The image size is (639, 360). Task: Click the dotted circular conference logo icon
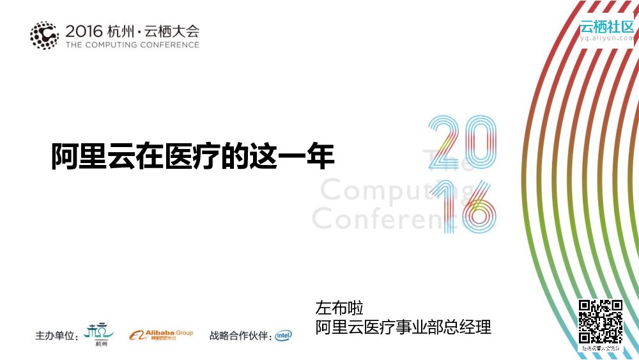(x=44, y=35)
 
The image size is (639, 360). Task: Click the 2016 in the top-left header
(x=84, y=30)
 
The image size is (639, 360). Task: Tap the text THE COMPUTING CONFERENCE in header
(x=132, y=45)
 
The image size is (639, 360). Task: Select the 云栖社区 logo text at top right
(x=606, y=27)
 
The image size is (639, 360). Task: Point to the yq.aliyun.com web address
(x=606, y=38)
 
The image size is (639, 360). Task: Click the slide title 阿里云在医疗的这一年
(x=193, y=155)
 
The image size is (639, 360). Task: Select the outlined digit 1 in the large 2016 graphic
(x=446, y=205)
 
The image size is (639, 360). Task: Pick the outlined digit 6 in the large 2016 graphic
(x=478, y=206)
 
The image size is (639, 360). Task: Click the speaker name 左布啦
(x=339, y=308)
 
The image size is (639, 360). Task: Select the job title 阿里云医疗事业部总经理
(x=403, y=327)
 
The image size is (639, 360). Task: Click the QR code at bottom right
(x=600, y=321)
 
